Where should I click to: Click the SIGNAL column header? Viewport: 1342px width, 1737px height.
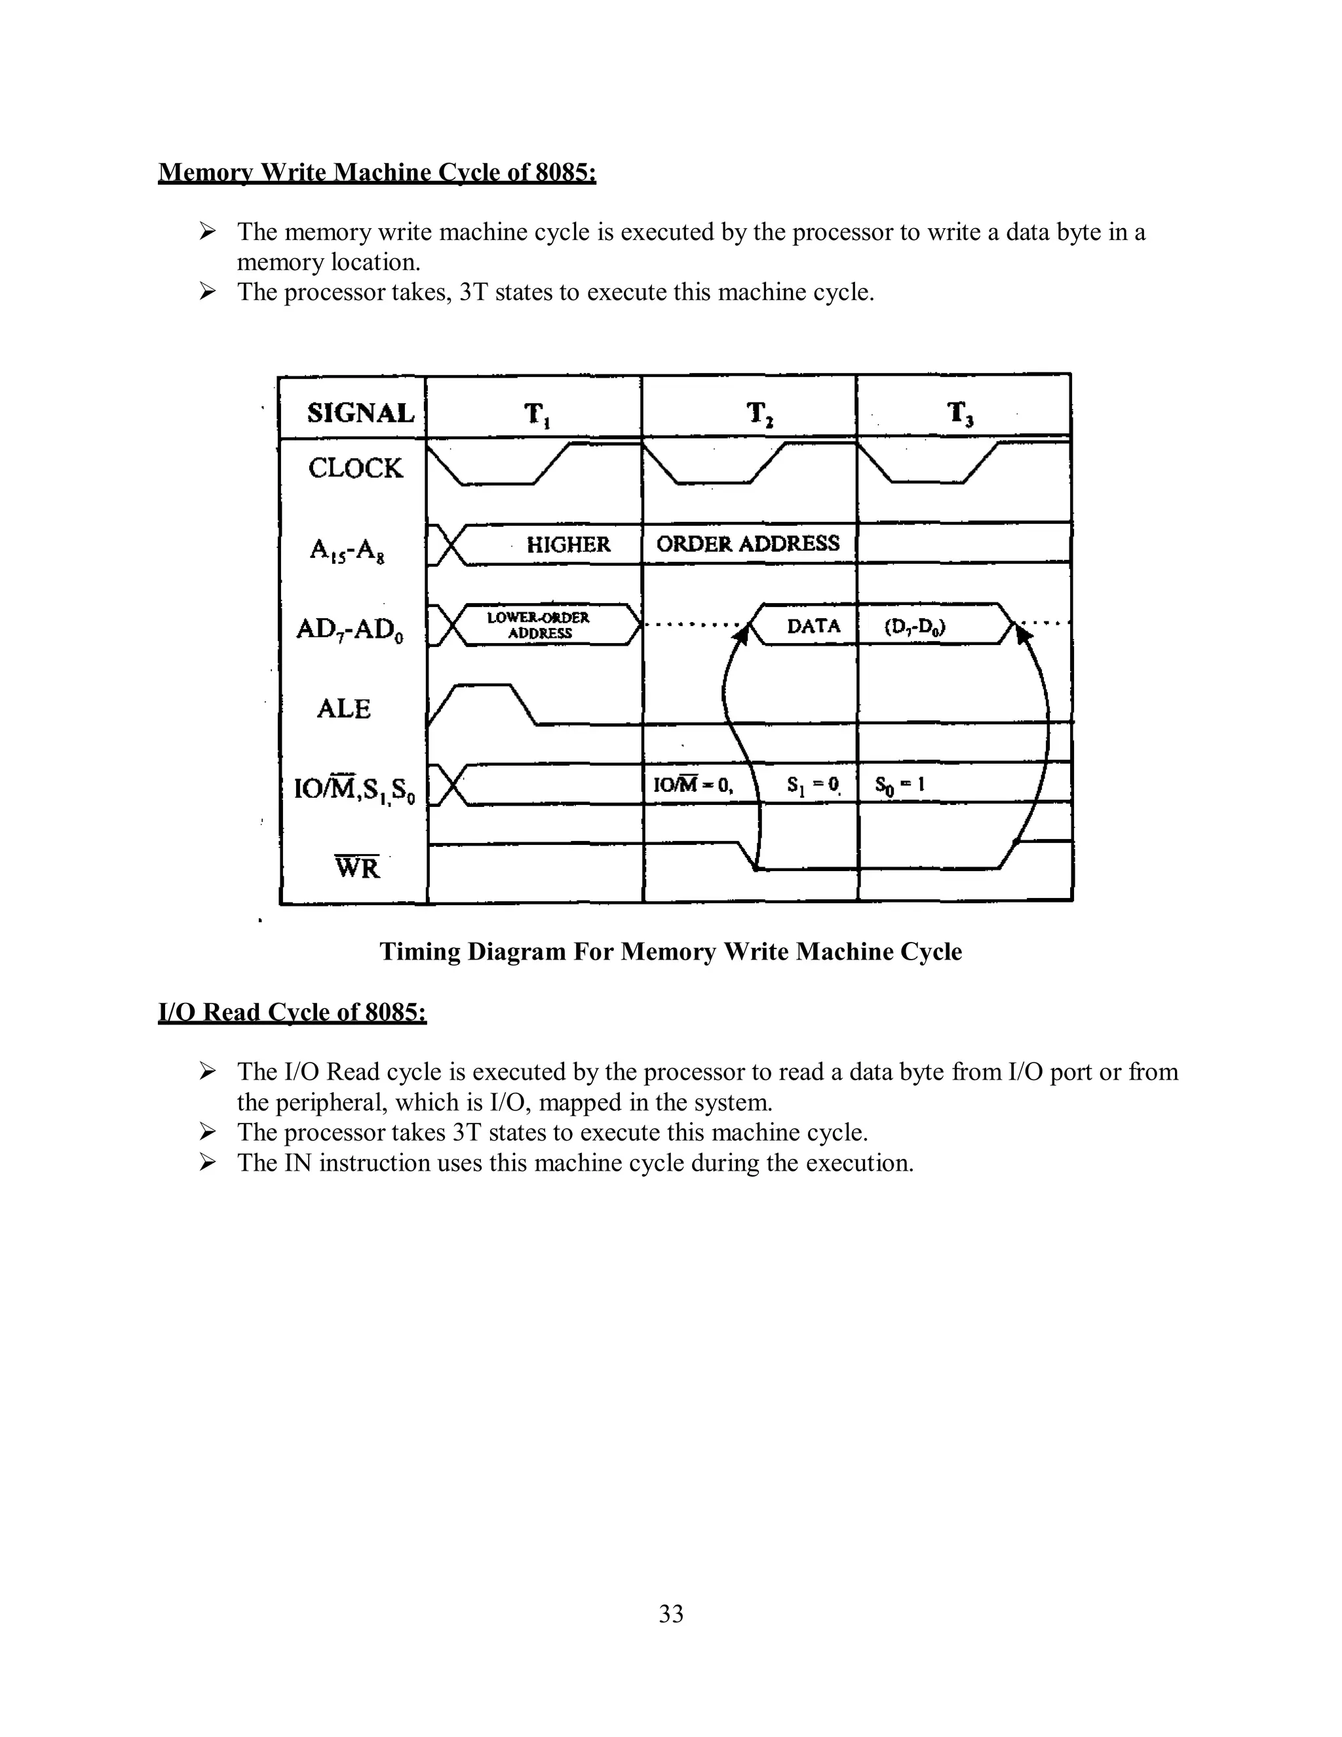pos(360,413)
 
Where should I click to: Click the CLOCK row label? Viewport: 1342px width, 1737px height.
pos(355,467)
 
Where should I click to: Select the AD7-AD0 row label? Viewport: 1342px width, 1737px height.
pos(349,629)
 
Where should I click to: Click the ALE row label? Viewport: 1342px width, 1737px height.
pos(343,709)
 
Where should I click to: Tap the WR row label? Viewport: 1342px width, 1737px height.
pos(357,867)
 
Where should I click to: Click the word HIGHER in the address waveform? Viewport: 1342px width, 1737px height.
pos(568,545)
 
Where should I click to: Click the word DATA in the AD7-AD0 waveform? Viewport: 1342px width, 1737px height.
pos(813,626)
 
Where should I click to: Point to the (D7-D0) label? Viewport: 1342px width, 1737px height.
pos(914,627)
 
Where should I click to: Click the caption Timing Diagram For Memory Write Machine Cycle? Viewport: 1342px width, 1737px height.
pos(670,951)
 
